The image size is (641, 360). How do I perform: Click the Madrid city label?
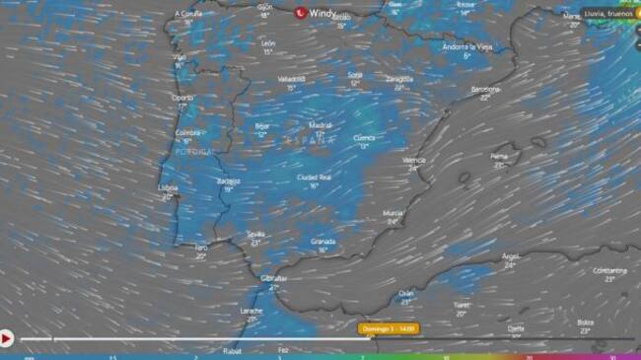click(320, 125)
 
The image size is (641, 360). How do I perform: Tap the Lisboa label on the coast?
click(170, 188)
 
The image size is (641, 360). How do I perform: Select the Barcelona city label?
click(486, 89)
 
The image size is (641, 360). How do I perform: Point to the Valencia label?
click(415, 159)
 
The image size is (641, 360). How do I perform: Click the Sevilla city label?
click(255, 234)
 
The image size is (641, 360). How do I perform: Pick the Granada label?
click(323, 240)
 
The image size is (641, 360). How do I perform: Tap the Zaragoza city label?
click(399, 78)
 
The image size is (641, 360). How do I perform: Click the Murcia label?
click(392, 212)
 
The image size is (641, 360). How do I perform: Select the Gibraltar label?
click(273, 278)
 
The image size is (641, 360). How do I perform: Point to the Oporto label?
click(182, 98)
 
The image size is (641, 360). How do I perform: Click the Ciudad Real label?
click(314, 177)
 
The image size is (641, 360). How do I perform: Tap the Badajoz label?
click(229, 180)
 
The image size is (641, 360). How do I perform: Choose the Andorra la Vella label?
click(466, 46)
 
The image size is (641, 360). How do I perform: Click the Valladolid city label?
click(291, 78)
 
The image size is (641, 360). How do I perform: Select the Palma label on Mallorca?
click(499, 155)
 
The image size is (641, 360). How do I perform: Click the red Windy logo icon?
click(301, 13)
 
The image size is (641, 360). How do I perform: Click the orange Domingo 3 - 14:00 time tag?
click(388, 328)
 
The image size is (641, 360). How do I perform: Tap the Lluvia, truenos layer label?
click(605, 15)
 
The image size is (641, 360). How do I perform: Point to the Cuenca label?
click(364, 138)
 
